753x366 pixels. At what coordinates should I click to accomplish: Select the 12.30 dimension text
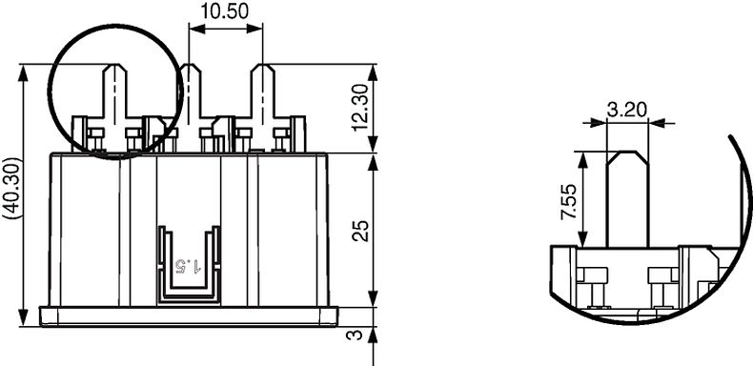357,107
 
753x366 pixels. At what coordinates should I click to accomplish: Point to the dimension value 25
359,230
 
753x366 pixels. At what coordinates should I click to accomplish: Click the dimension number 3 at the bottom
353,335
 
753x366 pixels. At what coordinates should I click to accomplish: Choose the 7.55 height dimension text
568,203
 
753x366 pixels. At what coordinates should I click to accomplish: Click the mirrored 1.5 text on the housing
189,262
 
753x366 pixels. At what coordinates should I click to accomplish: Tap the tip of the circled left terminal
114,67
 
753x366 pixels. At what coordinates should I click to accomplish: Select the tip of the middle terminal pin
191,67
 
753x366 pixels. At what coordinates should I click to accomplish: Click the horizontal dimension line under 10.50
226,29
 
